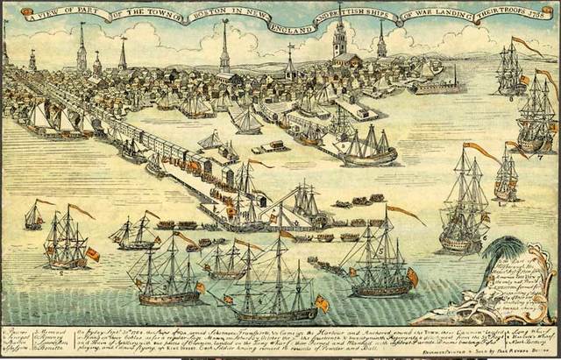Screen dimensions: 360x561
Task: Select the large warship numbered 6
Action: coord(465,210)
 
